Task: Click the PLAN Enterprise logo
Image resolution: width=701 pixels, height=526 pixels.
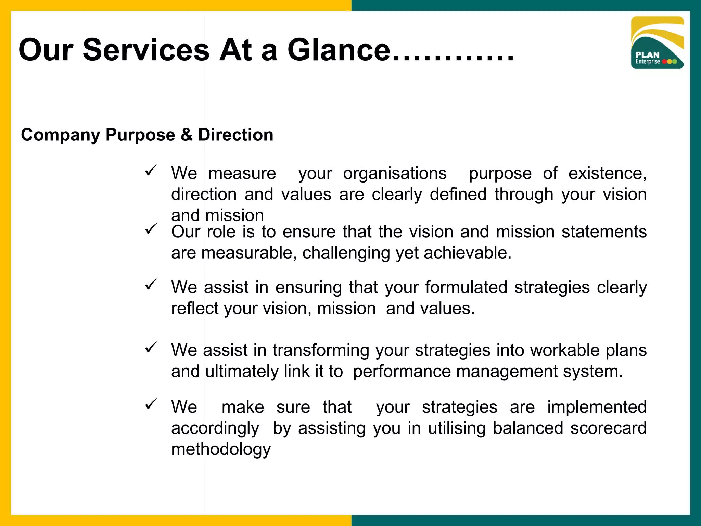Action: coord(657,43)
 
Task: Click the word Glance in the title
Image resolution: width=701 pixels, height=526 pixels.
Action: coord(339,50)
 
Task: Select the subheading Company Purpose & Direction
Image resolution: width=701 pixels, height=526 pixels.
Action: coord(147,135)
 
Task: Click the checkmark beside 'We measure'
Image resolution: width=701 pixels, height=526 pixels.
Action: coord(151,171)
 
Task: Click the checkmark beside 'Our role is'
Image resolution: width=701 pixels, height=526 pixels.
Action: coord(151,229)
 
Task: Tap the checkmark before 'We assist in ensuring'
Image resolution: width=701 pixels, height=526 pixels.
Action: coord(151,284)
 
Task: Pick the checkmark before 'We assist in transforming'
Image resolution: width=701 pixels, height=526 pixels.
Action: coord(151,348)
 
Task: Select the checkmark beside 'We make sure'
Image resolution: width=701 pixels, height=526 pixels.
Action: coord(151,404)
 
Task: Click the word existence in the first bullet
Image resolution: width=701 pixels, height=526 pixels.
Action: coord(607,173)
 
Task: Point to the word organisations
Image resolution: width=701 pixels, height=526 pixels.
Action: coord(395,173)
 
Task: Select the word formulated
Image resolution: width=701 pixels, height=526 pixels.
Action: coord(466,287)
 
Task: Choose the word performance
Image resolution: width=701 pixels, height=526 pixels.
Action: coord(402,372)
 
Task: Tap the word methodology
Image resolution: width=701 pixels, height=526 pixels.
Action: coord(221,450)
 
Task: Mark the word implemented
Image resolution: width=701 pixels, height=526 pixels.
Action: coord(597,408)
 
